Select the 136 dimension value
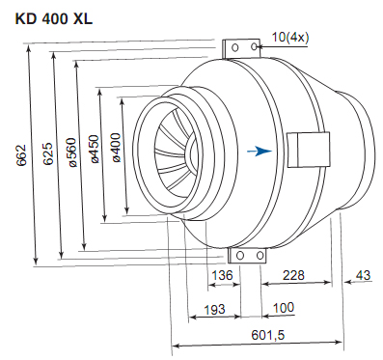coord(223,277)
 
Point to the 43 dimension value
coord(363,277)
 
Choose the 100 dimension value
coord(284,308)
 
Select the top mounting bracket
coord(241,49)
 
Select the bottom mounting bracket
coord(248,255)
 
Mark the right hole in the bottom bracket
coord(260,255)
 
